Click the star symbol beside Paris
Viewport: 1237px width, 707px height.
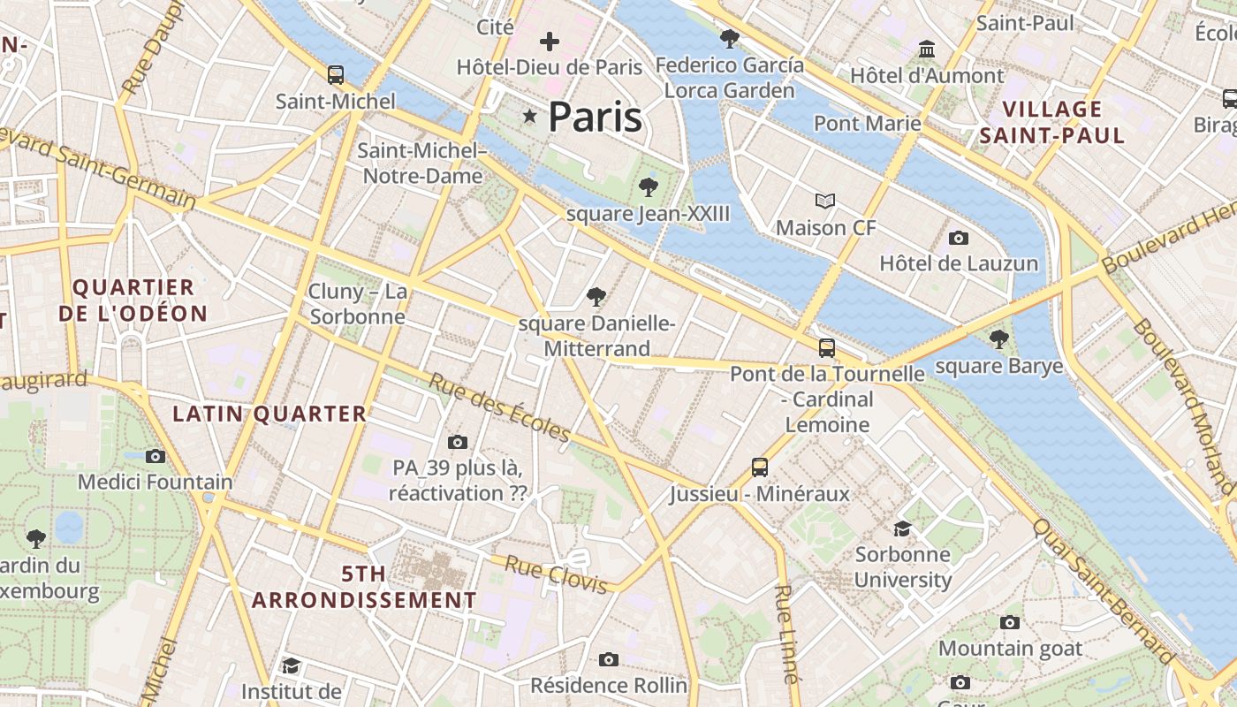(530, 116)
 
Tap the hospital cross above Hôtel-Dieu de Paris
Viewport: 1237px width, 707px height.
(550, 41)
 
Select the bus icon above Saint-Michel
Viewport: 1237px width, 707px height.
(335, 74)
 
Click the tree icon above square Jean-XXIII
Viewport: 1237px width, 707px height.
(649, 186)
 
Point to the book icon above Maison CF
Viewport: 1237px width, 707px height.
(825, 201)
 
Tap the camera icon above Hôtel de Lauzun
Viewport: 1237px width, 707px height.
(959, 238)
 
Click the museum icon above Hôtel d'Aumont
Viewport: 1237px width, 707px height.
(927, 49)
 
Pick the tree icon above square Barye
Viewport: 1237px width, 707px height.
(999, 338)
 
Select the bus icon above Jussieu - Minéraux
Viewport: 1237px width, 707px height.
(759, 467)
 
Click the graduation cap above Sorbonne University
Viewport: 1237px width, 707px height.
(902, 528)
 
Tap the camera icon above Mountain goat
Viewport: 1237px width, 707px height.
(1010, 622)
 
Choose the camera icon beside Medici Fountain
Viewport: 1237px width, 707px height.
(156, 456)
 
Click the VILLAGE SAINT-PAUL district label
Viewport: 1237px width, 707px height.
(1052, 122)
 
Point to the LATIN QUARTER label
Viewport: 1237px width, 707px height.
(269, 414)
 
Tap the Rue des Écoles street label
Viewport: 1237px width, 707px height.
(500, 407)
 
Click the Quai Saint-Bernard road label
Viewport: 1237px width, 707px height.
(1104, 590)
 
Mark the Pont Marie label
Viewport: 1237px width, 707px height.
(867, 123)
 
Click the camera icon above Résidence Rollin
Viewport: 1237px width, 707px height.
(608, 659)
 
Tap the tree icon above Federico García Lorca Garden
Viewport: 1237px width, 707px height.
(729, 38)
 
